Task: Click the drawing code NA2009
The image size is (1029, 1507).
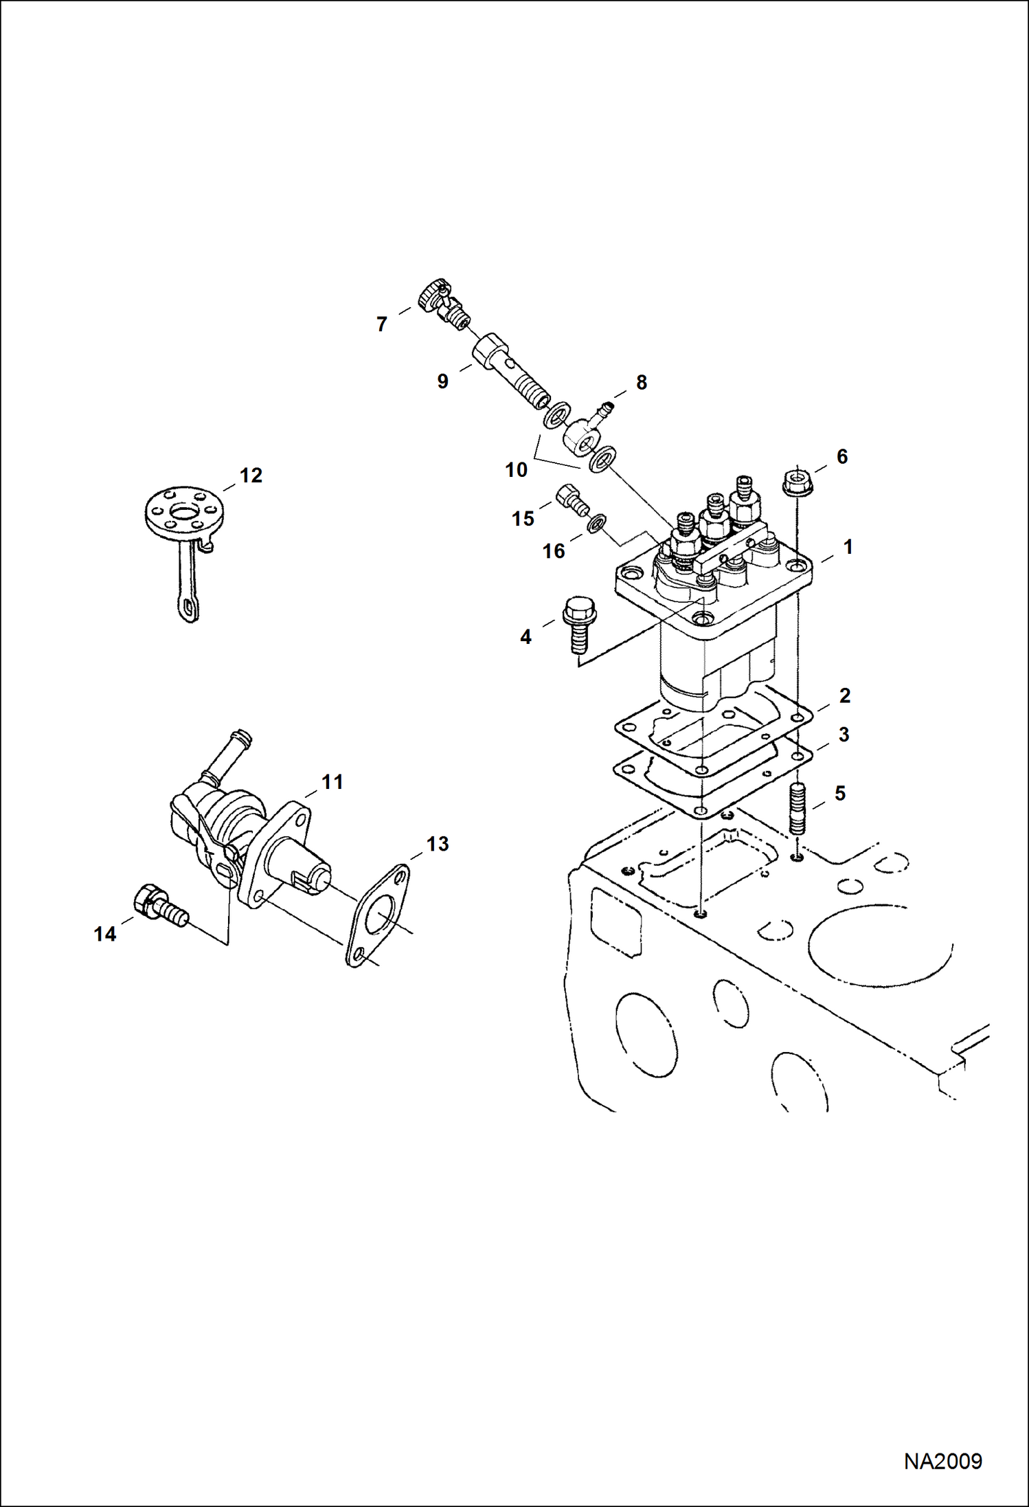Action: click(942, 1460)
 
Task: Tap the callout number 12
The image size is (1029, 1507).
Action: click(251, 475)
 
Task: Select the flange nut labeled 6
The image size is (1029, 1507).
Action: click(797, 479)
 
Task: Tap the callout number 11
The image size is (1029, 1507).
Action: click(332, 781)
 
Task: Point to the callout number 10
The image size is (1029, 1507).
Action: click(516, 470)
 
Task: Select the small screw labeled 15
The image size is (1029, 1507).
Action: click(572, 498)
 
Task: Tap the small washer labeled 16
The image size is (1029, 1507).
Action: click(596, 524)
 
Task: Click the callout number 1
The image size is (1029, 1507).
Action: click(848, 547)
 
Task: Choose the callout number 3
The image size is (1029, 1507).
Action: click(844, 734)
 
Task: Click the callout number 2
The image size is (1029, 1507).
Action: click(844, 695)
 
